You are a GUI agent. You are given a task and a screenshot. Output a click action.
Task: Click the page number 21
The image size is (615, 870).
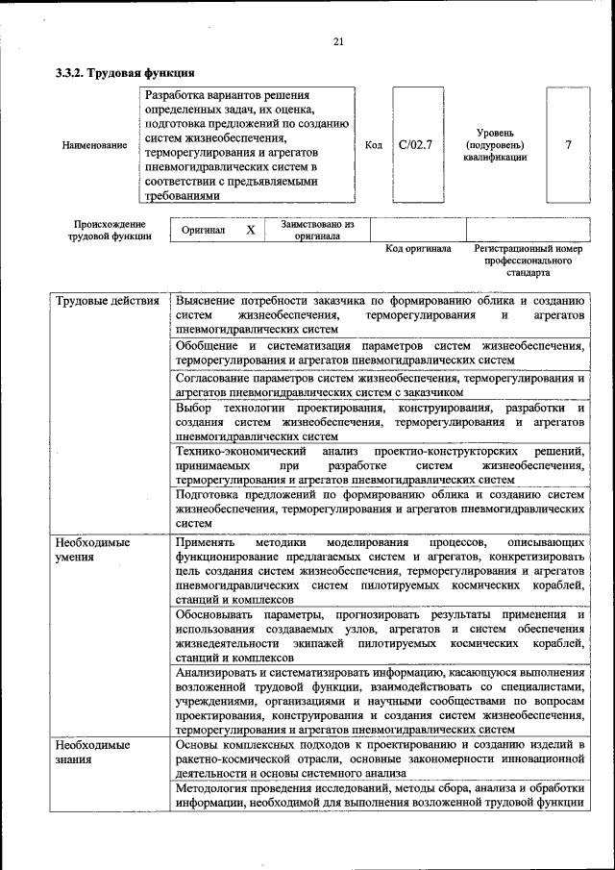[x=337, y=40]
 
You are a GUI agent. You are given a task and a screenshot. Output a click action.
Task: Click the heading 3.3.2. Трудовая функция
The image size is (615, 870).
[x=126, y=72]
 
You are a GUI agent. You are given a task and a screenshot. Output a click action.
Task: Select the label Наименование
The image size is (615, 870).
[x=94, y=145]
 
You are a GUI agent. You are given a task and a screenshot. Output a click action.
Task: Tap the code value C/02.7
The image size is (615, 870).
[x=415, y=145]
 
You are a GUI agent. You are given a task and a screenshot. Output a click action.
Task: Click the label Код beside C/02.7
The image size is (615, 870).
[x=375, y=145]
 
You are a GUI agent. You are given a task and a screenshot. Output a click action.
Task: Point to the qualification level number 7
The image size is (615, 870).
[x=569, y=145]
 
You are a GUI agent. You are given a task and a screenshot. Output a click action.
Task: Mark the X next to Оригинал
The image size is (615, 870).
[x=250, y=230]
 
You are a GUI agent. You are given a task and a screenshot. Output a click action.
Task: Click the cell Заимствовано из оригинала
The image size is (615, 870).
[x=318, y=230]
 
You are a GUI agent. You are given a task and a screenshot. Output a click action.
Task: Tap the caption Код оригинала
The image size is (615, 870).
[x=418, y=248]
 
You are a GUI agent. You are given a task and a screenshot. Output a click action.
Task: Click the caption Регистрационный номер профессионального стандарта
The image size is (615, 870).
[x=529, y=261]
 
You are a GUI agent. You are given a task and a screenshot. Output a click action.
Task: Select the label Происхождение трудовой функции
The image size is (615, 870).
[x=109, y=230]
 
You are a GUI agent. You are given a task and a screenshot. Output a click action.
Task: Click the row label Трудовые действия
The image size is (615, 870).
[x=107, y=301]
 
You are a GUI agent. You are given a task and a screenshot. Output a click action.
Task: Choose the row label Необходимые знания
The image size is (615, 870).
[x=92, y=752]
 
